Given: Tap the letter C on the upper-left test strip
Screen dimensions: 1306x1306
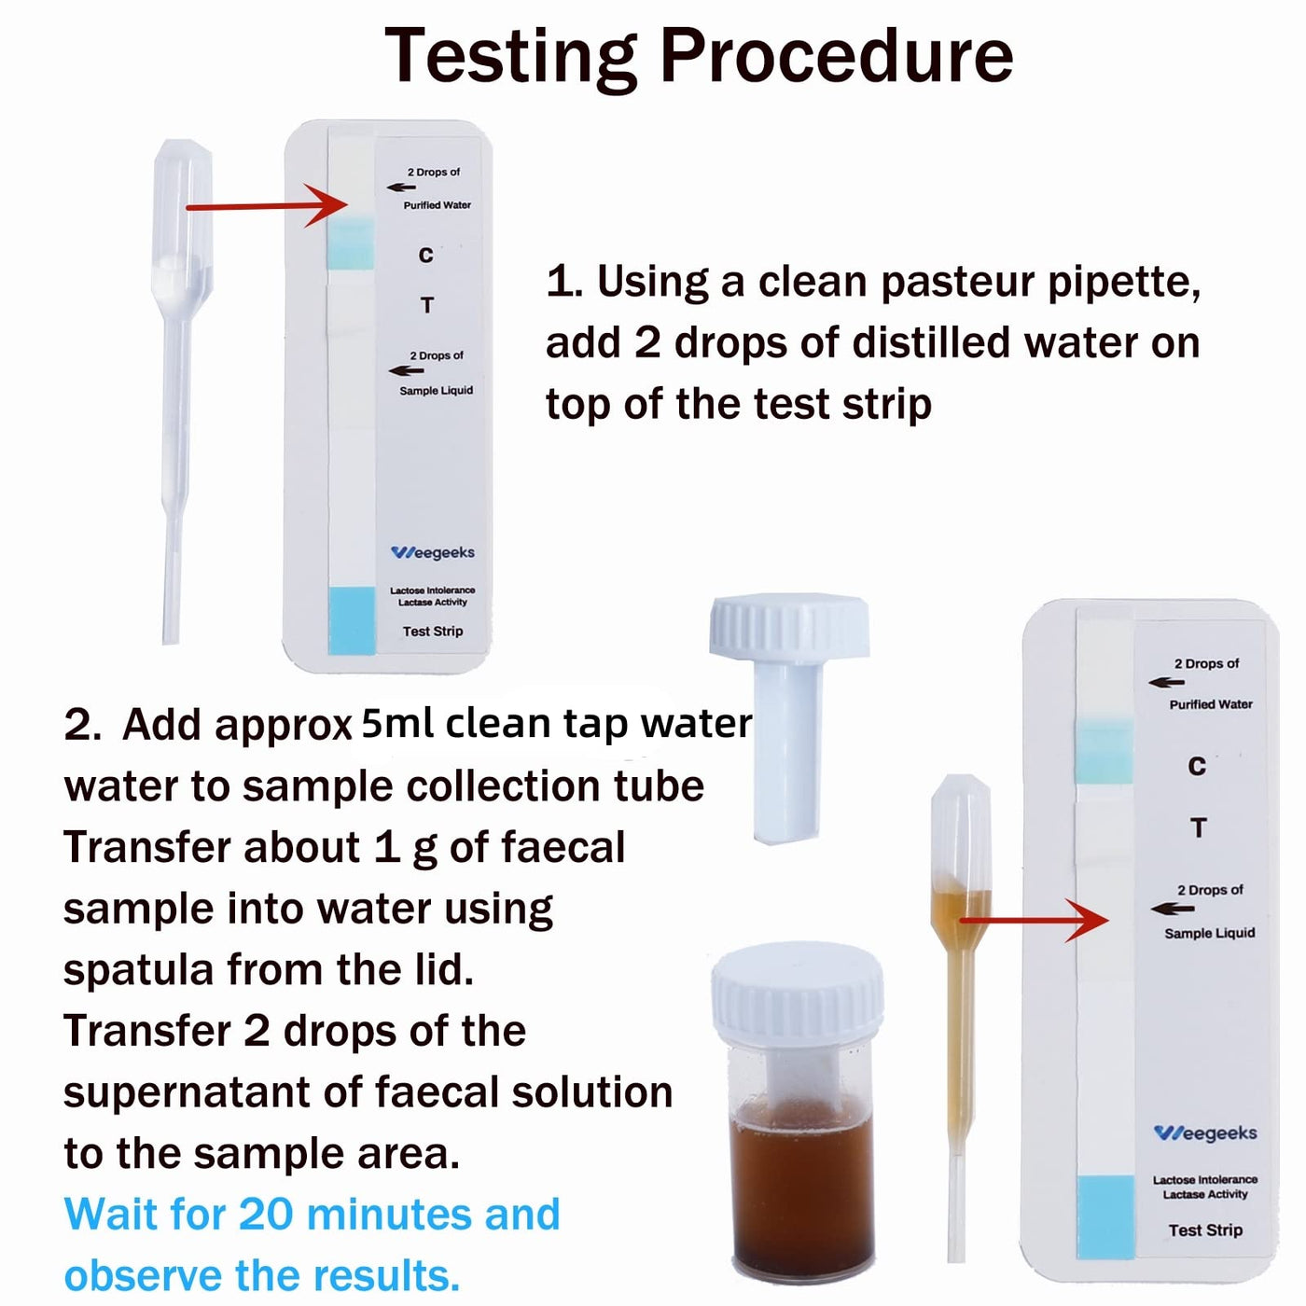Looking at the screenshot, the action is click(425, 256).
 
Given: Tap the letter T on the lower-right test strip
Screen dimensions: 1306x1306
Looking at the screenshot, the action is click(1198, 827).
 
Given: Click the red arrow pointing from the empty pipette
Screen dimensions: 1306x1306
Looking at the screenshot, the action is click(267, 205).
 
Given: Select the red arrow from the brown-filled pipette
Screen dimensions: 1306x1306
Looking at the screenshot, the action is click(1035, 921).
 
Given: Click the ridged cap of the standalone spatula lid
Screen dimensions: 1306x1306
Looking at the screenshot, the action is click(789, 626).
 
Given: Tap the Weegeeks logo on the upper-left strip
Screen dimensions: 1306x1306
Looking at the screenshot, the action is click(433, 552).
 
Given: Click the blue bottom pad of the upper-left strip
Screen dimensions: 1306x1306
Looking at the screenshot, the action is click(352, 620).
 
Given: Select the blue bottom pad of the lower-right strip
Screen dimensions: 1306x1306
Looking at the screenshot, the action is click(1105, 1217).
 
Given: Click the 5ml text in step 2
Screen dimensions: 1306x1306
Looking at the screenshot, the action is click(397, 724).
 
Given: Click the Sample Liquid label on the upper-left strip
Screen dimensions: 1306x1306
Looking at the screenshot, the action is click(437, 391).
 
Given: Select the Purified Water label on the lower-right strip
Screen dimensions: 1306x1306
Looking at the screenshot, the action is click(1211, 705).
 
